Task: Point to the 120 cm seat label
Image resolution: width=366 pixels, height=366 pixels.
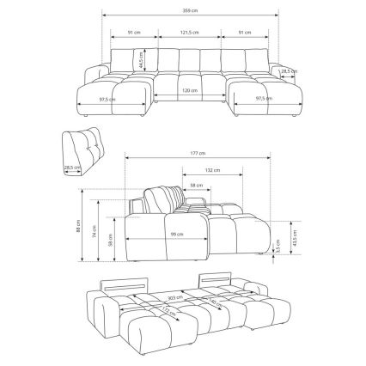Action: [190, 90]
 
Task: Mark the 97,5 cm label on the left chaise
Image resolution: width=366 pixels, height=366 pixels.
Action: [107, 99]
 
